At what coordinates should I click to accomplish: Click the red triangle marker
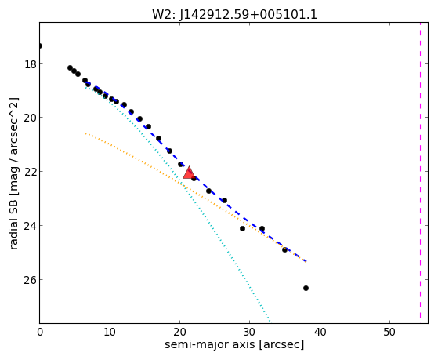pos(189,173)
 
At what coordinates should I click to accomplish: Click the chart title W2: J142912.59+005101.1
pos(234,14)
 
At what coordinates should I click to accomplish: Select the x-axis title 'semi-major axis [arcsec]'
pos(234,344)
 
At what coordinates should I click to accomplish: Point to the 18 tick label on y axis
pos(31,64)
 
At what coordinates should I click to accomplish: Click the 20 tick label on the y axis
pos(31,118)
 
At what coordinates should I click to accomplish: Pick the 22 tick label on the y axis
pos(31,173)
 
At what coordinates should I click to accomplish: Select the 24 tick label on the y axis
pos(31,227)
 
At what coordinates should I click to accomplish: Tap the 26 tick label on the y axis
pos(31,281)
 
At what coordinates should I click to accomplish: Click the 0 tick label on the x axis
pos(40,332)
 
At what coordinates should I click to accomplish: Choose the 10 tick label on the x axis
pos(110,332)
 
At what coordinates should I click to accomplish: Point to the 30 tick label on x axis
pos(249,332)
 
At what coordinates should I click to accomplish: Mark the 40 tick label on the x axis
pos(320,332)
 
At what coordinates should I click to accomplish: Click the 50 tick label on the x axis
pos(389,332)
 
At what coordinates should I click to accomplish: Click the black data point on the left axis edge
pos(40,45)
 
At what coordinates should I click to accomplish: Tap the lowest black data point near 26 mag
pos(306,288)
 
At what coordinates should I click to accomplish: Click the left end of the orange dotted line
pos(85,133)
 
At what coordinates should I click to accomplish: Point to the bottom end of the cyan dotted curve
pos(270,321)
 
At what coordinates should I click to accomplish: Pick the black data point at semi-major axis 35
pos(284,249)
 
